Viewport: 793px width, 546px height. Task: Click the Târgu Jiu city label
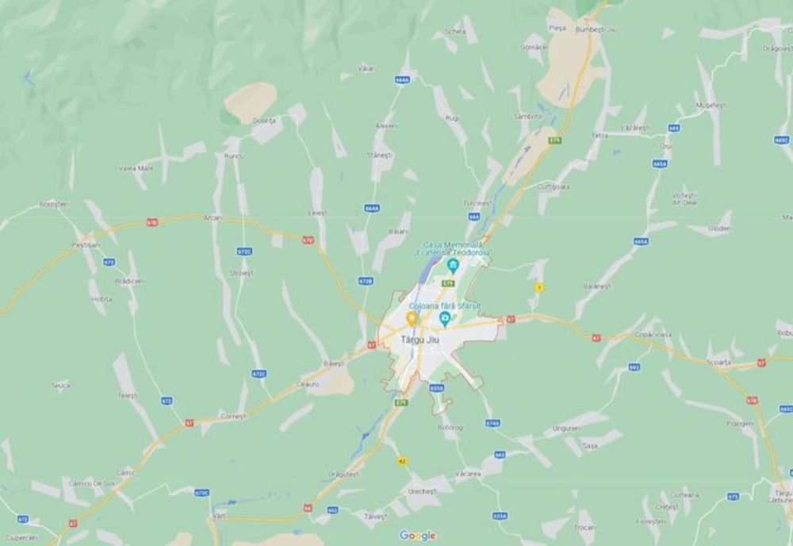click(x=419, y=340)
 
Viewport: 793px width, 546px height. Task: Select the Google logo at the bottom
click(x=417, y=536)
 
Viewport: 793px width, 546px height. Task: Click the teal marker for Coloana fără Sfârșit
click(x=445, y=319)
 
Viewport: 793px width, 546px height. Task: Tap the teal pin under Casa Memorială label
click(x=453, y=266)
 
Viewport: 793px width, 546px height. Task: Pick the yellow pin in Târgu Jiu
click(x=412, y=318)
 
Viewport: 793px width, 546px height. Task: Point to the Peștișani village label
click(x=86, y=245)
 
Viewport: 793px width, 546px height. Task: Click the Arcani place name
click(x=213, y=217)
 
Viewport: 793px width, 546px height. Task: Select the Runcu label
click(x=232, y=156)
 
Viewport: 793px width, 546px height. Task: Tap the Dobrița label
click(x=263, y=121)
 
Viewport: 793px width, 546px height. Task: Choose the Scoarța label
click(x=719, y=360)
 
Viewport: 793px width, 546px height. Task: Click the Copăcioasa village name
click(x=653, y=335)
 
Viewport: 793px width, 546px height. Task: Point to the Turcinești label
click(x=478, y=203)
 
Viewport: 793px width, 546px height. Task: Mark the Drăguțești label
click(x=343, y=475)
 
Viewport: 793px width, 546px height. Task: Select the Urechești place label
click(x=422, y=491)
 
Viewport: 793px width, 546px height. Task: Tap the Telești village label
click(x=128, y=394)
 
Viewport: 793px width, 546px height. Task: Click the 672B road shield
click(x=366, y=281)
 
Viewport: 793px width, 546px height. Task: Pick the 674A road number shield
click(x=492, y=423)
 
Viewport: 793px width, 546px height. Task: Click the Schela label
click(x=455, y=31)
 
